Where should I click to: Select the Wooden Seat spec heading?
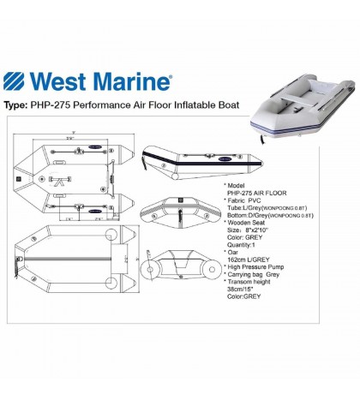coord(252,223)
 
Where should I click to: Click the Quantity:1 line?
coord(250,246)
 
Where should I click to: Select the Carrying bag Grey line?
coord(258,277)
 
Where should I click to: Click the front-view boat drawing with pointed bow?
coord(179,211)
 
